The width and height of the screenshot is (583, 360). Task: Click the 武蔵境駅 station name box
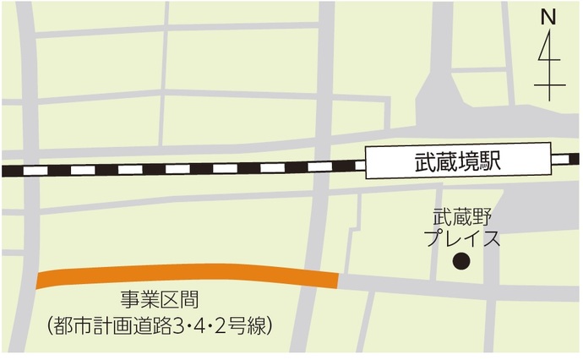point(457,161)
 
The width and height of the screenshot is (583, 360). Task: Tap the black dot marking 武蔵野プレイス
point(460,261)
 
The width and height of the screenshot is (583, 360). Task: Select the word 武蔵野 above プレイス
point(460,218)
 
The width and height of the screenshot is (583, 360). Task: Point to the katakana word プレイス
point(460,238)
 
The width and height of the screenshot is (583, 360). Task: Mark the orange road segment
point(186,274)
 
